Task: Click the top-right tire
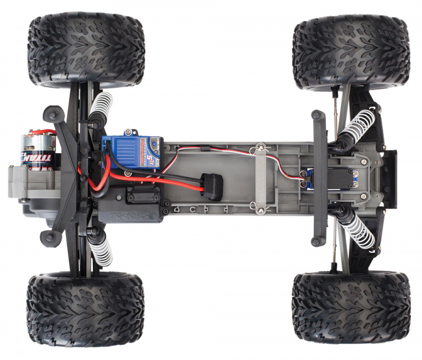click(x=351, y=52)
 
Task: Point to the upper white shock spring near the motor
click(x=101, y=107)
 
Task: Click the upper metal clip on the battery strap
click(x=260, y=148)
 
